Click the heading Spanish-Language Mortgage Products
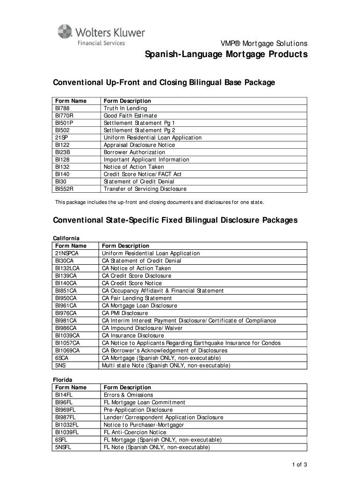click(x=225, y=55)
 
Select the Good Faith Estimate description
click(x=130, y=116)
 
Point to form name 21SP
click(x=62, y=138)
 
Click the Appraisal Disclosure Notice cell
click(x=139, y=145)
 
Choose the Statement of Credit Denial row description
click(x=139, y=181)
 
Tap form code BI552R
click(x=65, y=189)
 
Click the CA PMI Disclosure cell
click(x=125, y=313)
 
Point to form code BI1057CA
click(x=67, y=343)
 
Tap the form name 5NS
click(x=60, y=365)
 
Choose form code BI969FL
click(x=65, y=410)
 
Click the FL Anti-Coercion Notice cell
click(x=135, y=432)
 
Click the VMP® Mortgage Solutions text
click(x=264, y=43)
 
